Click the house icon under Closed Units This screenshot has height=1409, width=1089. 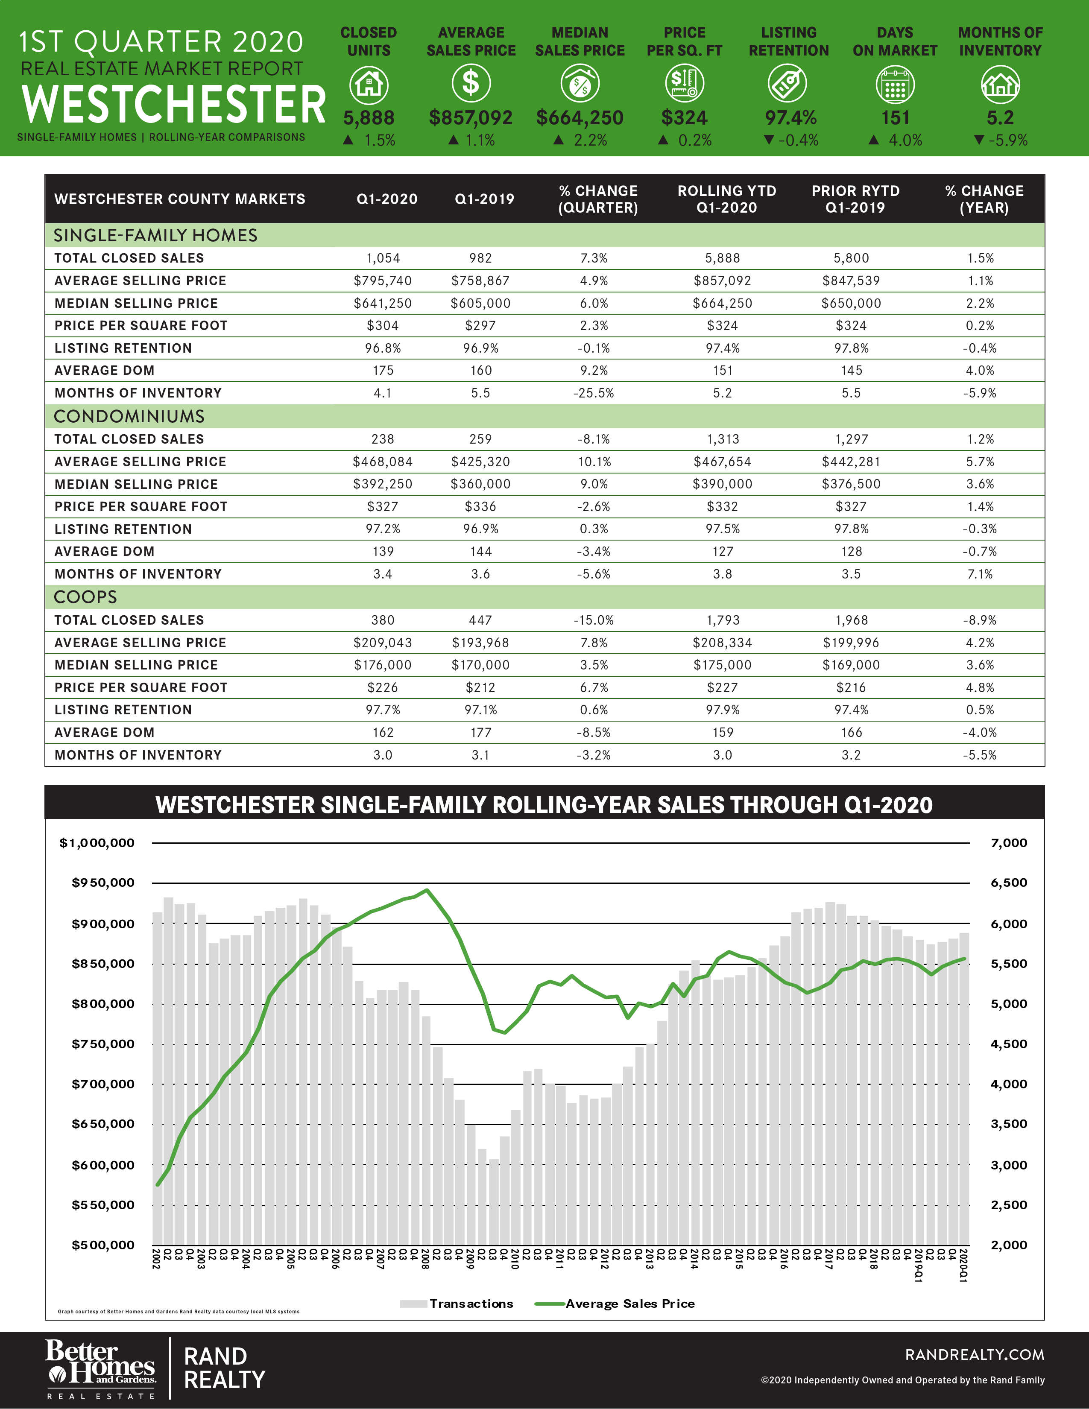click(369, 85)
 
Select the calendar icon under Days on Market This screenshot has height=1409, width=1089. click(895, 85)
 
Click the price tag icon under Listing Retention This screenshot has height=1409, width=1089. click(788, 85)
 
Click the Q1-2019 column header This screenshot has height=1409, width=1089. click(485, 199)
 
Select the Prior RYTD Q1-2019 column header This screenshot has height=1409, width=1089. click(855, 199)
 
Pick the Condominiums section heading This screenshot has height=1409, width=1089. click(129, 416)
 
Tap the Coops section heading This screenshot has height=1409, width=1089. click(85, 597)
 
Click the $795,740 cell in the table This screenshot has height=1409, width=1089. click(383, 281)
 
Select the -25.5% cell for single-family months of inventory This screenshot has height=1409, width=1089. click(594, 393)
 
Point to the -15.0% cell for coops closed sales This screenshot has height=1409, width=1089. click(594, 620)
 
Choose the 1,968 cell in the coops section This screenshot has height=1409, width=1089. click(852, 620)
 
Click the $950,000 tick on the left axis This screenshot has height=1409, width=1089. click(103, 883)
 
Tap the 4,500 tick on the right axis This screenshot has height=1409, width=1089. click(1008, 1044)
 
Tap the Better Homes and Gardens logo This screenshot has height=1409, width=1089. click(100, 1368)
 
